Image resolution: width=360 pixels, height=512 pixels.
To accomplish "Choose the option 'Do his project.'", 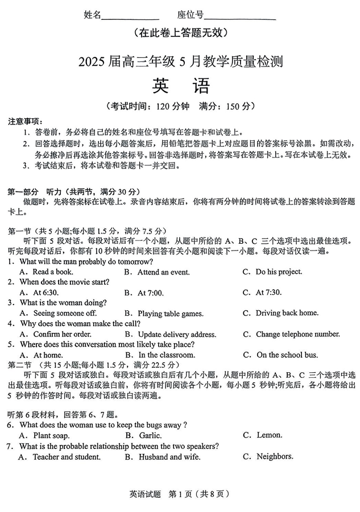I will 279,272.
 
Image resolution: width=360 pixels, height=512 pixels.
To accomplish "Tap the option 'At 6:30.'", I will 46,293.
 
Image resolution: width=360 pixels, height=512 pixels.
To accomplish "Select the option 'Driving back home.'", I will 287,313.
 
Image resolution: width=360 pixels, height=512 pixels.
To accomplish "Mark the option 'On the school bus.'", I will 287,355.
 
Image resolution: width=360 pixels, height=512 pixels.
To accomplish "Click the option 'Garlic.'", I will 150,435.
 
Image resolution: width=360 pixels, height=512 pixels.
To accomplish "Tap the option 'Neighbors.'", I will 275,456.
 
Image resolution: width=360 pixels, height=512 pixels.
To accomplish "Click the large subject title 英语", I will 181,85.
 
